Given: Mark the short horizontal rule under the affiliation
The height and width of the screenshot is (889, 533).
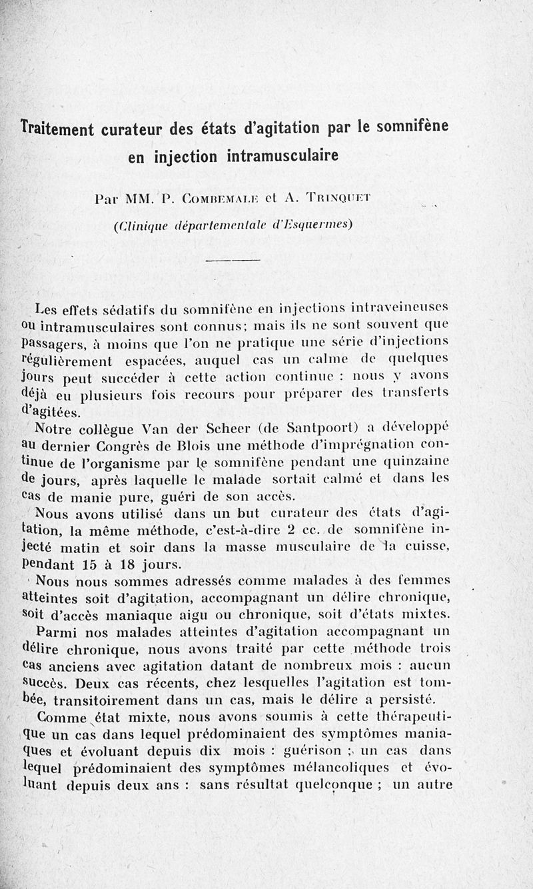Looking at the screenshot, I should click(x=232, y=261).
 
